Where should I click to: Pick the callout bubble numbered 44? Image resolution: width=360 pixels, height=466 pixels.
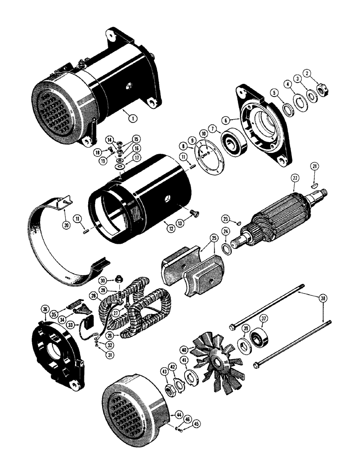pyautogui.click(x=166, y=413)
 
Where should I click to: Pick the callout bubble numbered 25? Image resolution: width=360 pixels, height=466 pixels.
pyautogui.click(x=214, y=238)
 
